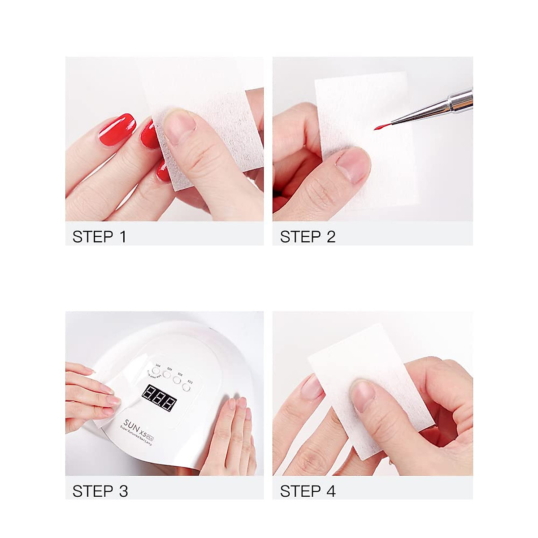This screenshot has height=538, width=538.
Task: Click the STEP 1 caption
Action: tap(99, 236)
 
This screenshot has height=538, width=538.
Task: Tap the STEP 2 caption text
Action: tap(308, 236)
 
